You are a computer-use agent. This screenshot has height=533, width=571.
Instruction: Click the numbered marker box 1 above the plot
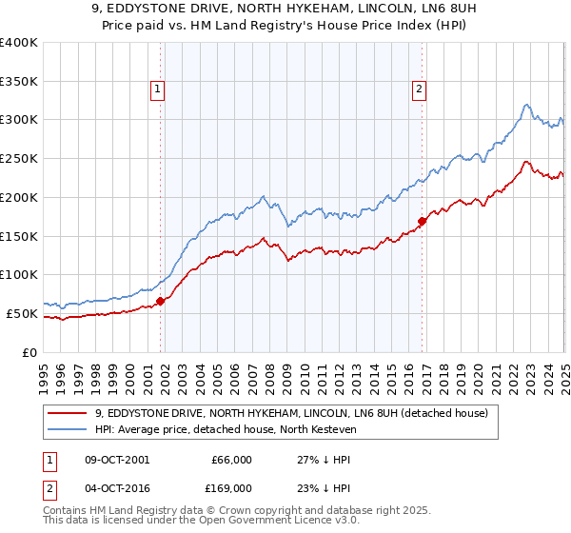click(159, 90)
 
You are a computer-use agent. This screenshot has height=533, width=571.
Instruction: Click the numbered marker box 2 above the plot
click(420, 90)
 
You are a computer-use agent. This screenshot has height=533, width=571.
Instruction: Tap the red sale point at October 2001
click(160, 301)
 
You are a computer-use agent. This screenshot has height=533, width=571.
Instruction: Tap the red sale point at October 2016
click(421, 221)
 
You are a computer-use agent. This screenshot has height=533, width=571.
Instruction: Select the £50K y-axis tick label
click(22, 313)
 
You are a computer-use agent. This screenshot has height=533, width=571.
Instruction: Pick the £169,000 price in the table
click(231, 488)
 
